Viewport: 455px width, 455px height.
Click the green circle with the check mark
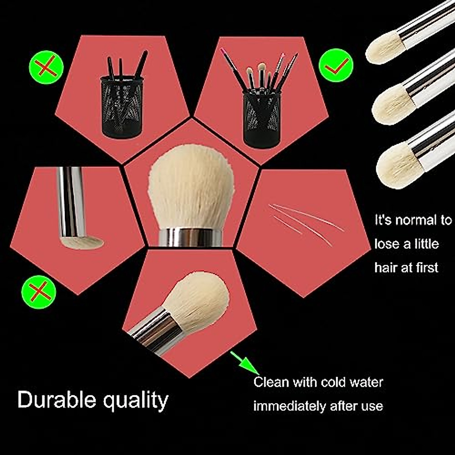336,65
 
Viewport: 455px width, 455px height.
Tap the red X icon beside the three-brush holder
46,67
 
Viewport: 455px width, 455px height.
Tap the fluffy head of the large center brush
191,186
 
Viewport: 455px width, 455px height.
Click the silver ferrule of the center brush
190,237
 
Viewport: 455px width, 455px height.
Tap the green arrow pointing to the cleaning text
245,362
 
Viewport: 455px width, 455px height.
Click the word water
367,382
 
